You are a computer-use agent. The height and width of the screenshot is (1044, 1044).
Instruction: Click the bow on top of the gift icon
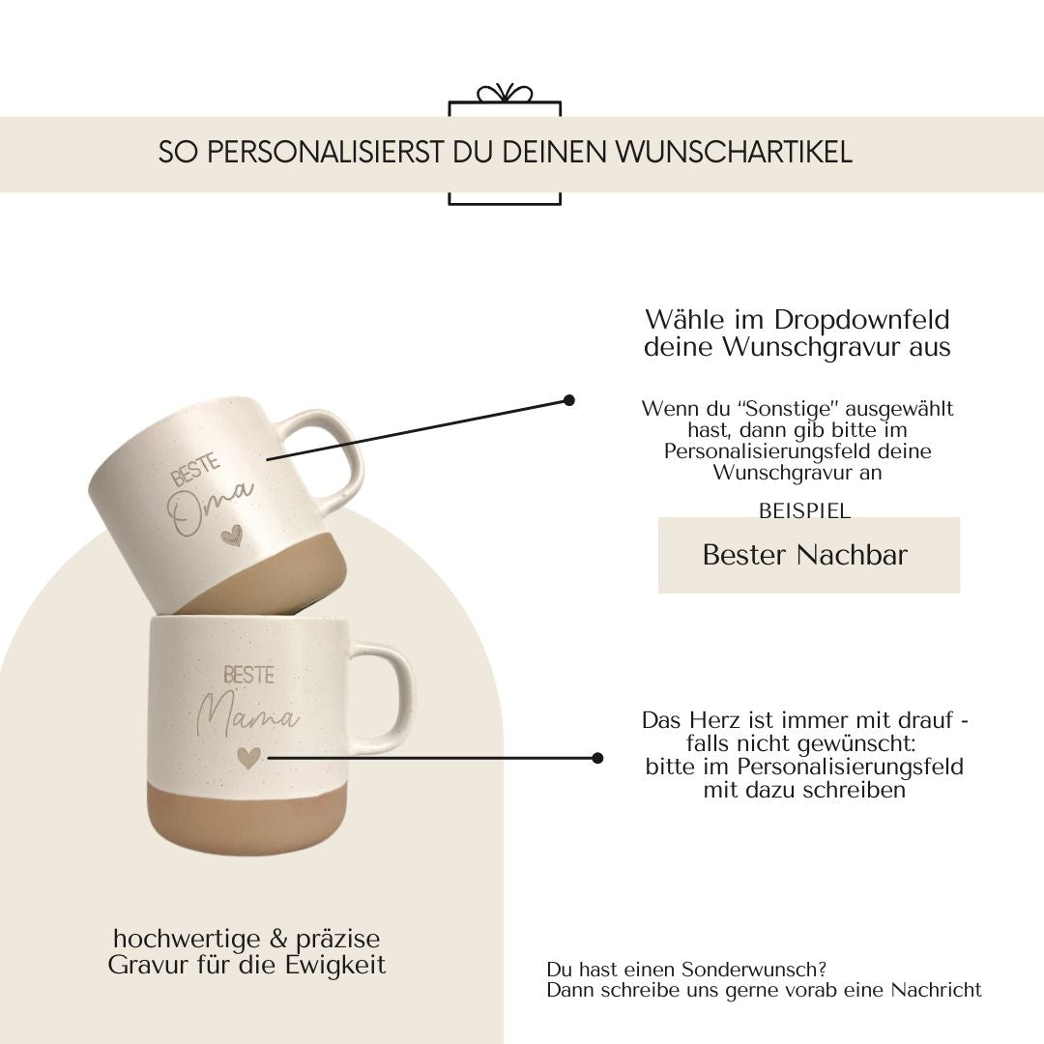click(505, 94)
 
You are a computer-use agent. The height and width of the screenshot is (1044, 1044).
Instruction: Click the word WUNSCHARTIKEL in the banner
click(733, 153)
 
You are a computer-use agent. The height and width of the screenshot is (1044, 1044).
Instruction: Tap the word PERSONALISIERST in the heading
click(325, 153)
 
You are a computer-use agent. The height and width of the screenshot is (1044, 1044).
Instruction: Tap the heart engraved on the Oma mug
click(232, 535)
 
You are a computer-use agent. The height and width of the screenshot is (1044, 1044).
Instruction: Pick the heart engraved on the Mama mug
click(248, 757)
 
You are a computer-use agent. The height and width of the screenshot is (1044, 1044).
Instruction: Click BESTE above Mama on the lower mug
click(248, 675)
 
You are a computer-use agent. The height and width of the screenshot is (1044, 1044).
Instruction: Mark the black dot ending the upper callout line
click(569, 400)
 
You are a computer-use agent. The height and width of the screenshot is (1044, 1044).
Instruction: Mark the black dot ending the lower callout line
click(597, 758)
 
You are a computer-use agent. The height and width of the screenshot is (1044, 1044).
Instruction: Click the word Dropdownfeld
click(861, 321)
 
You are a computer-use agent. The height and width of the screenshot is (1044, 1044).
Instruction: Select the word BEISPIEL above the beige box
click(805, 510)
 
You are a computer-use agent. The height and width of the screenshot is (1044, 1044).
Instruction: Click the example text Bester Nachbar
click(805, 555)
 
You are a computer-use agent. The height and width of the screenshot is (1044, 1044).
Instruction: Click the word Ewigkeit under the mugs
click(335, 966)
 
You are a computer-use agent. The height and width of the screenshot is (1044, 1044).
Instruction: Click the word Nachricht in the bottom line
click(936, 990)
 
